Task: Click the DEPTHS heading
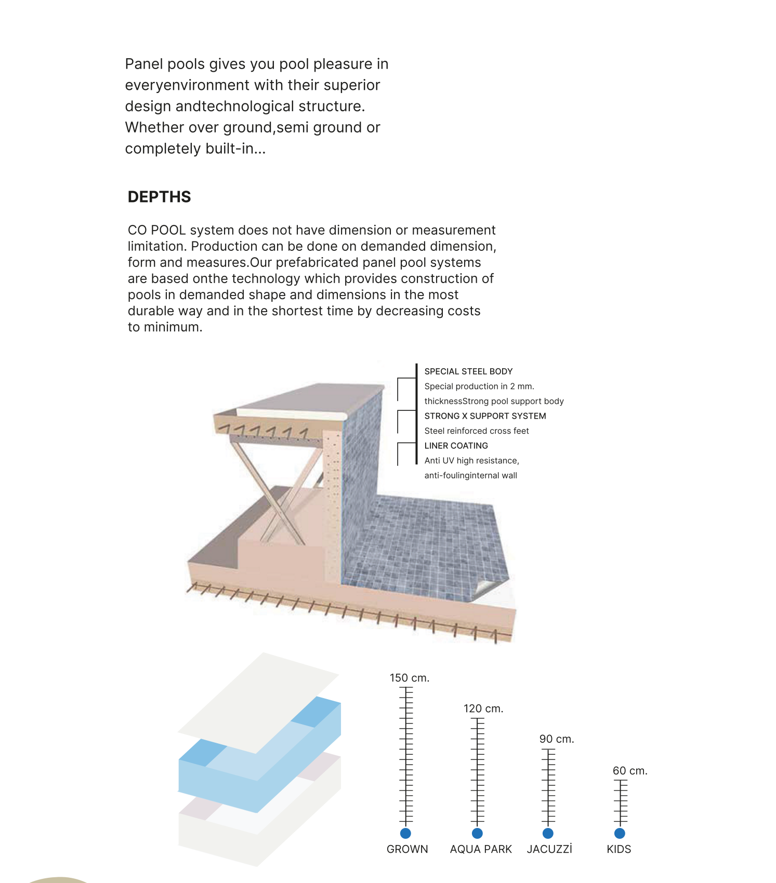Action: coord(159,197)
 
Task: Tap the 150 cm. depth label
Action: coord(409,678)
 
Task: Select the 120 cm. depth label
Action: coord(483,708)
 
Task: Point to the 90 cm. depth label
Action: coord(556,739)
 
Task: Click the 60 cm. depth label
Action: coord(629,771)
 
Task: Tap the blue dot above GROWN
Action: coord(405,833)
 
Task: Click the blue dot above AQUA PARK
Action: coord(477,833)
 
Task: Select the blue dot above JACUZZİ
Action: coord(548,833)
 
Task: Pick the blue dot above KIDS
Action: coord(620,833)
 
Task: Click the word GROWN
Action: coord(407,849)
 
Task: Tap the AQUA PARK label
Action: coord(481,849)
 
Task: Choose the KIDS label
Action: coord(619,849)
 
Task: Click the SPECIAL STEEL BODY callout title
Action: coord(468,371)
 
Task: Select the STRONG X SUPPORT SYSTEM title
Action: coord(485,416)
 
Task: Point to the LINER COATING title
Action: coord(456,446)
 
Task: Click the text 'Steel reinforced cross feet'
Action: coord(476,431)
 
